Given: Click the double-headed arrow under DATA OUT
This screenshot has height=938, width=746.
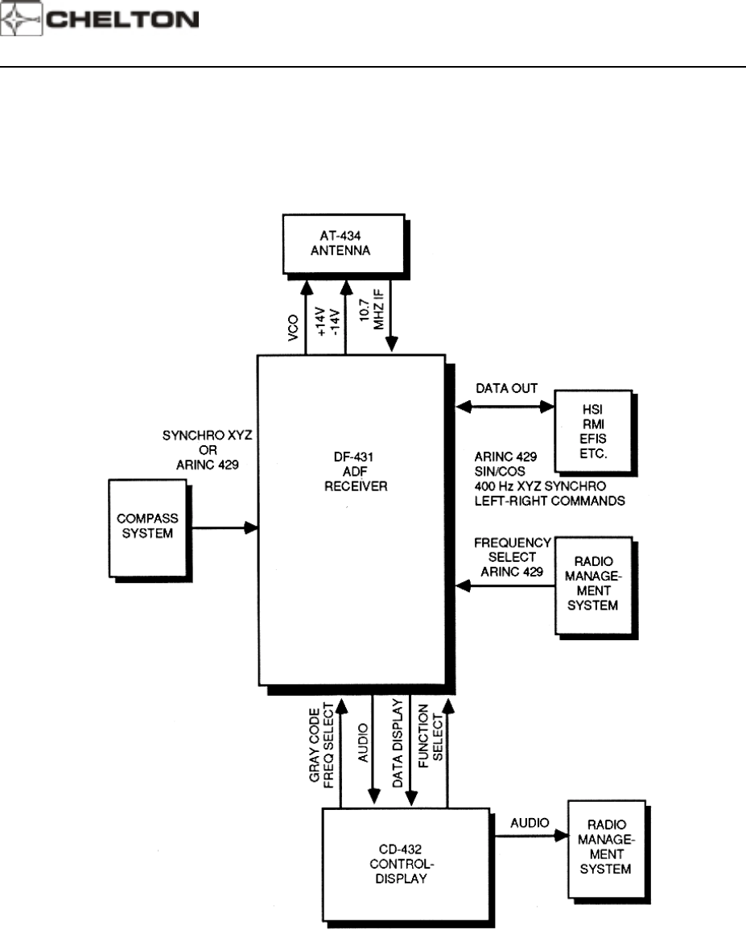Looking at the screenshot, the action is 504,407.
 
